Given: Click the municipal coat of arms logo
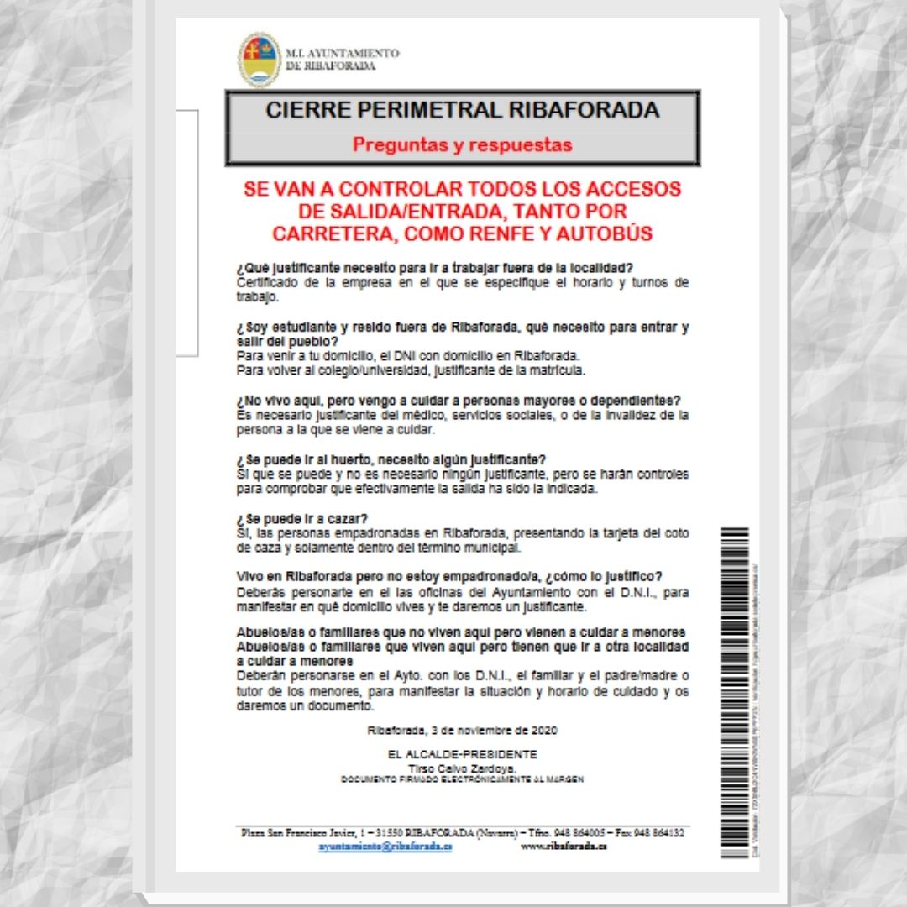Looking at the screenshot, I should (x=260, y=60).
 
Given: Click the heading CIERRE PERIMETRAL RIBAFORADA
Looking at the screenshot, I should (x=462, y=110).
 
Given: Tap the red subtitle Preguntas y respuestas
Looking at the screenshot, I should (x=462, y=144).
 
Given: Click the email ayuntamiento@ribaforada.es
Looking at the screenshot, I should (x=385, y=847).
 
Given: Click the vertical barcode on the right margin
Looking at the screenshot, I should (x=734, y=689).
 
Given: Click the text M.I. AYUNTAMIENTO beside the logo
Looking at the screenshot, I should (x=343, y=53).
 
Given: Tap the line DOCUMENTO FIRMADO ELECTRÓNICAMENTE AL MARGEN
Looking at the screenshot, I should (x=462, y=779).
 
